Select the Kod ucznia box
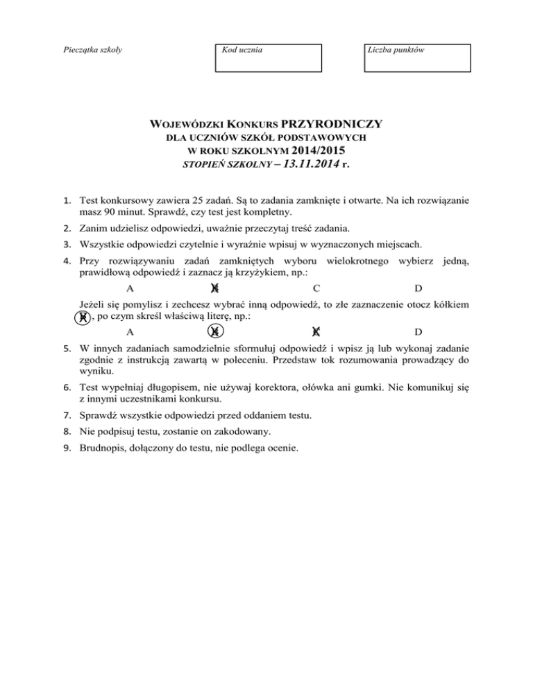(269, 58)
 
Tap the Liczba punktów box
(418, 58)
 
